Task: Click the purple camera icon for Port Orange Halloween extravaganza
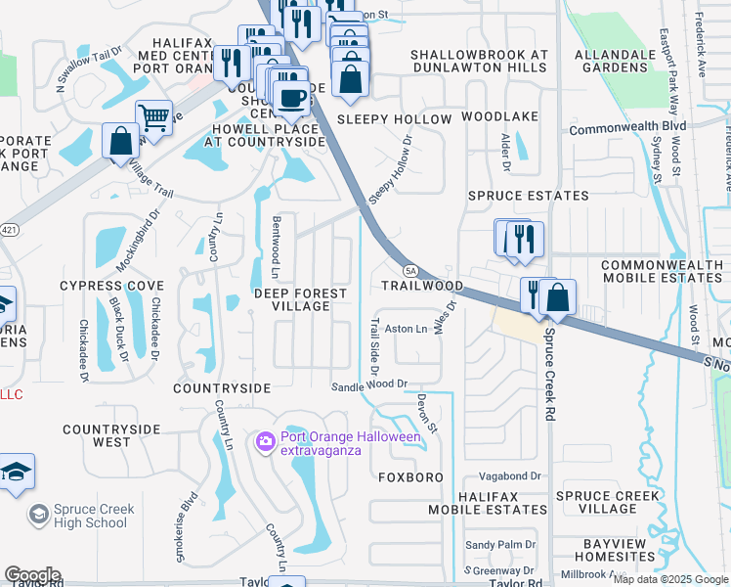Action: (x=265, y=443)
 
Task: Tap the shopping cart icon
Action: (x=153, y=118)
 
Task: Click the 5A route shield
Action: (x=410, y=271)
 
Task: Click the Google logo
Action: (x=32, y=574)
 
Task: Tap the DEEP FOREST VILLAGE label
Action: (x=300, y=299)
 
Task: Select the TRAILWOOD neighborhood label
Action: (x=421, y=286)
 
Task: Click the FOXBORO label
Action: (x=410, y=477)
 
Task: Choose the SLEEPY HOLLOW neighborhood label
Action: (x=394, y=119)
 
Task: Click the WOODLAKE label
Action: (x=499, y=116)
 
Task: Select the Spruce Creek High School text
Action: (x=91, y=516)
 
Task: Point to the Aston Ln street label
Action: (x=407, y=330)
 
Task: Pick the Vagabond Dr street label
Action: (x=509, y=475)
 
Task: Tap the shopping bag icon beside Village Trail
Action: (x=120, y=141)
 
